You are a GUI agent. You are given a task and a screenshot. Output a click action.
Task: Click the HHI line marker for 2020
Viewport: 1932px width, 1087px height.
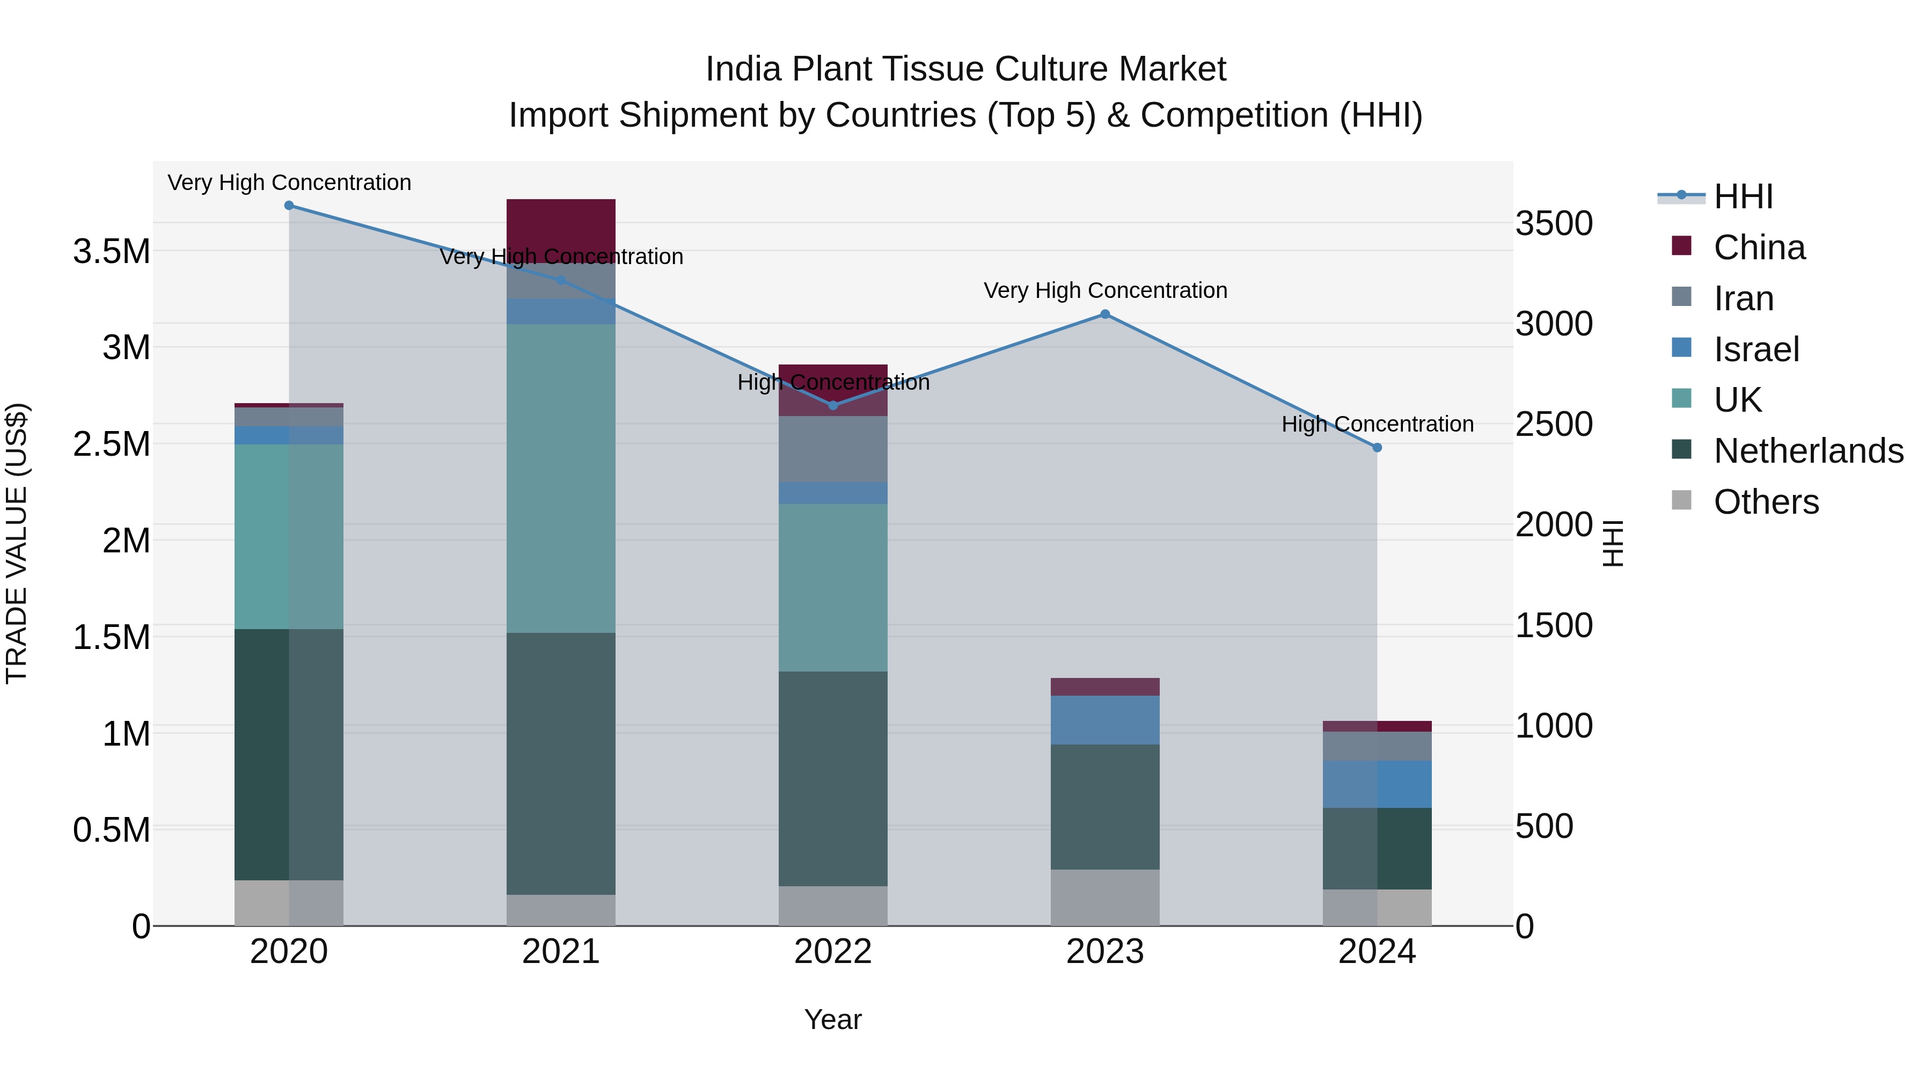pyautogui.click(x=289, y=206)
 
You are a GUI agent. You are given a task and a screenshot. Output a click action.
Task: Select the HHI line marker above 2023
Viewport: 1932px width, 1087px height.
pyautogui.click(x=1105, y=315)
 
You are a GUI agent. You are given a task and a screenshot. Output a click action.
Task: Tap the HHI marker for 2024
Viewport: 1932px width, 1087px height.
pyautogui.click(x=1377, y=448)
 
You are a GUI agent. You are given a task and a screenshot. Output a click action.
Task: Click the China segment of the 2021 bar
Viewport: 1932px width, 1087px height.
pyautogui.click(x=561, y=225)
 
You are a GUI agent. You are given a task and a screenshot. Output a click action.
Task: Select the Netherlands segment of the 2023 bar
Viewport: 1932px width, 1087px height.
pyautogui.click(x=1105, y=806)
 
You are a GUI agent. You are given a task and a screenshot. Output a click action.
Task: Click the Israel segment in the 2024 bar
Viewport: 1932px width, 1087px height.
pyautogui.click(x=1377, y=784)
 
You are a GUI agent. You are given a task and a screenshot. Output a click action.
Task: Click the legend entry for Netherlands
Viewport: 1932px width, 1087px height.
pyautogui.click(x=1808, y=451)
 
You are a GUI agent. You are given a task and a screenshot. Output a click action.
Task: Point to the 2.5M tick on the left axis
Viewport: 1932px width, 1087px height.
pyautogui.click(x=112, y=444)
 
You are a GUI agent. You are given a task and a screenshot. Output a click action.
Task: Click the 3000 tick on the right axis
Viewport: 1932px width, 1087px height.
pyautogui.click(x=1554, y=324)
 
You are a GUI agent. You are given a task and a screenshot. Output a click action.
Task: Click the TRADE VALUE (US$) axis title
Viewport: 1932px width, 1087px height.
pyautogui.click(x=17, y=543)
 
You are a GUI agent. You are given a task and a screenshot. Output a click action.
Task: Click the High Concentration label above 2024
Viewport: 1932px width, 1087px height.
pyautogui.click(x=1377, y=424)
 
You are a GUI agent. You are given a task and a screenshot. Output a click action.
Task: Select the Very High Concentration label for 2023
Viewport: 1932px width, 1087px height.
pyautogui.click(x=1105, y=290)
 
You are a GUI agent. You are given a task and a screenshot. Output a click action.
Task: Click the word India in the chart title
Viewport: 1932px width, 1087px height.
pyautogui.click(x=745, y=69)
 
